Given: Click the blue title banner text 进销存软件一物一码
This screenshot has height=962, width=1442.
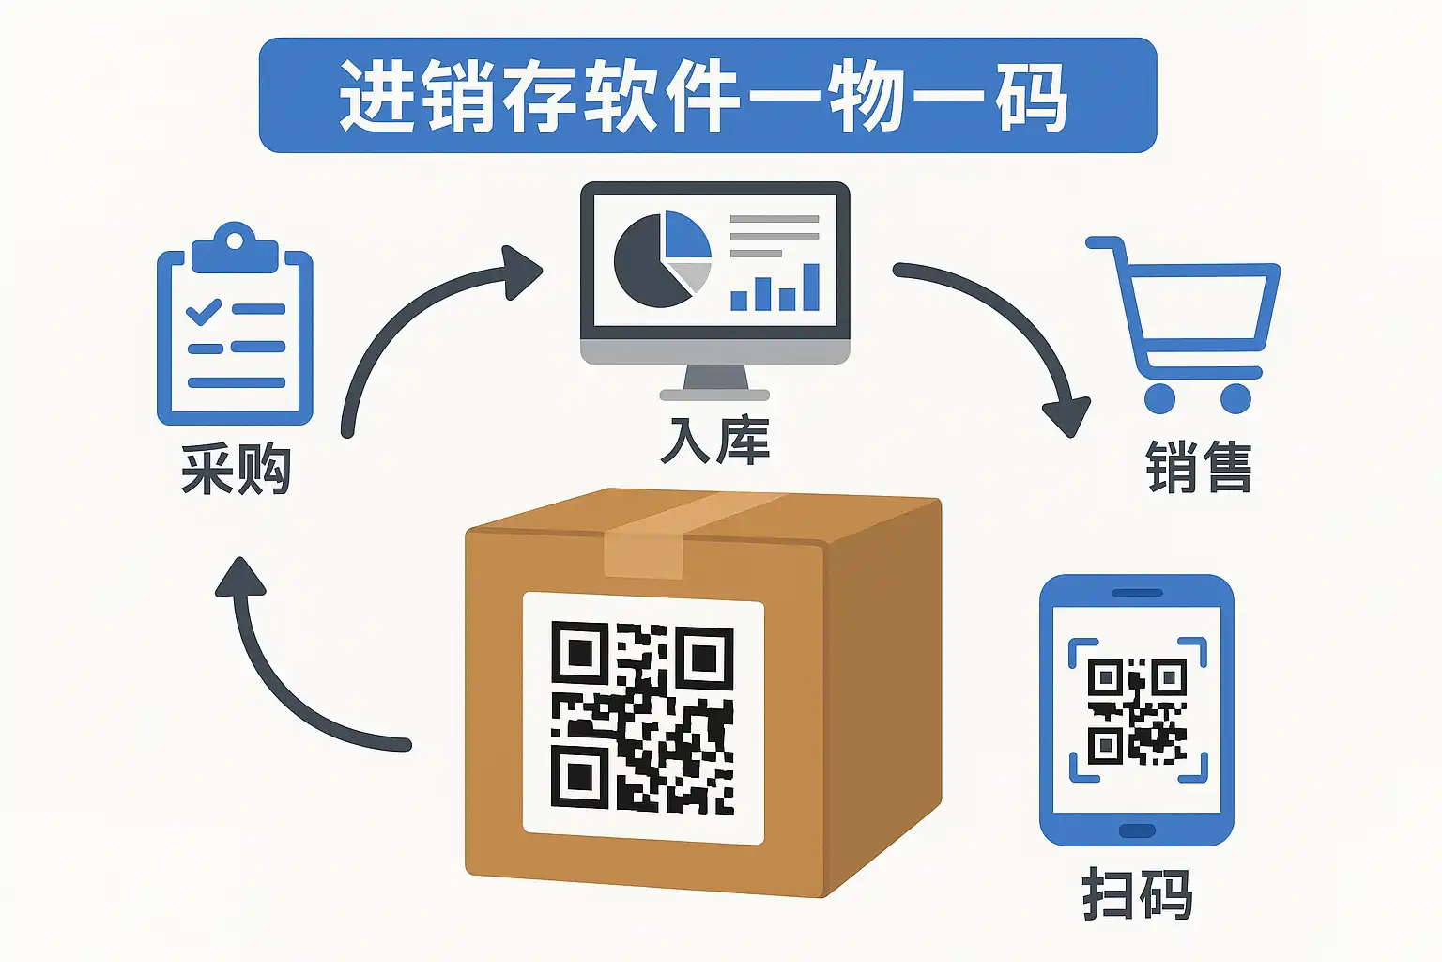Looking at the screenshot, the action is tap(702, 96).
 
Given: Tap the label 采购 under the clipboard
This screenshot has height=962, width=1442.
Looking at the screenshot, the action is tap(236, 469).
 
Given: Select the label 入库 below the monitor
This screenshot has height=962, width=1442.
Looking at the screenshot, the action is tap(714, 441).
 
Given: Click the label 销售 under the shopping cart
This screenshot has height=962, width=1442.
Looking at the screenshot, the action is tap(1198, 467).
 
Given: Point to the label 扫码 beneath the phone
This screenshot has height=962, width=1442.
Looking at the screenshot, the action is tap(1137, 893).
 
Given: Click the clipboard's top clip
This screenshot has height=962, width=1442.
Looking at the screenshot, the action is tap(235, 247).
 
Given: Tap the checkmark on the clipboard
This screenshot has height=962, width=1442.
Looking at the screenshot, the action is tap(204, 312).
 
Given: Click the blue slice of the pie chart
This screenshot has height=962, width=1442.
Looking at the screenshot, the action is tap(686, 234).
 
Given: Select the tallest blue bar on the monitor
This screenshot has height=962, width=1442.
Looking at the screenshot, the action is tap(810, 287).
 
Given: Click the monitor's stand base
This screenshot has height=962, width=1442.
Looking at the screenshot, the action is tap(714, 395).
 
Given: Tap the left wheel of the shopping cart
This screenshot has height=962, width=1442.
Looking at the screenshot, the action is tap(1159, 398).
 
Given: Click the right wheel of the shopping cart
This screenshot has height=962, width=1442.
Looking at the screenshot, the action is tap(1235, 398).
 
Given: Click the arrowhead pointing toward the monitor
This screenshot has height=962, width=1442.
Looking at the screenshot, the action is tap(521, 272).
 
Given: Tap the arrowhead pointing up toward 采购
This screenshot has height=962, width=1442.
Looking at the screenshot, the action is tap(240, 577).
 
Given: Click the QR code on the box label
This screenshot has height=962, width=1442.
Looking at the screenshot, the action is tap(642, 717).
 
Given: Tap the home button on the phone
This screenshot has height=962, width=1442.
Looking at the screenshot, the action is tap(1137, 830).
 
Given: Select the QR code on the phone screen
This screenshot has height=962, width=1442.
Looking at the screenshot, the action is tap(1137, 711).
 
